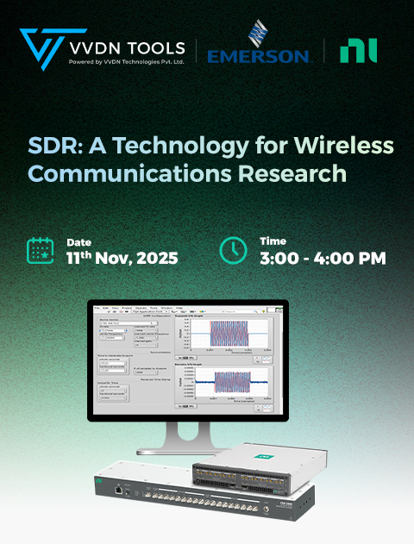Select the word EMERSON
[258, 56]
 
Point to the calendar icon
[41, 250]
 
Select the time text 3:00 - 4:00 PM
[322, 257]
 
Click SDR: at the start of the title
[51, 144]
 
